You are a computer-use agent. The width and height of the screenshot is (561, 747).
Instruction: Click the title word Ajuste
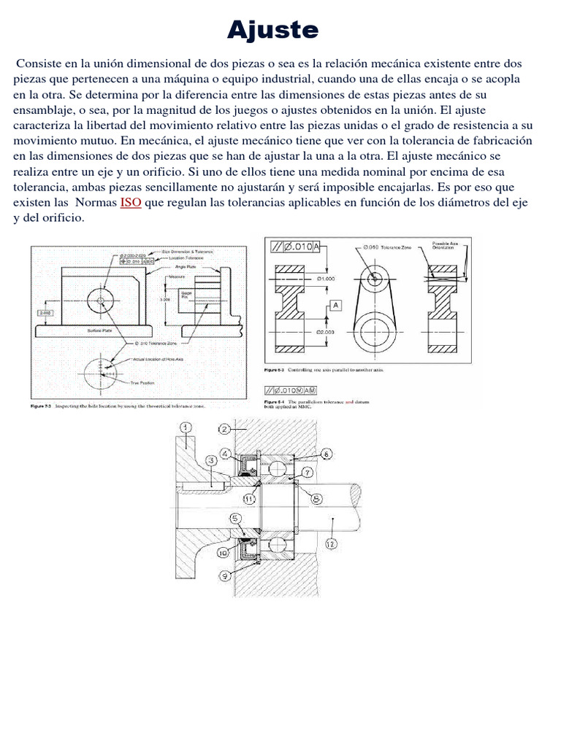[x=272, y=30]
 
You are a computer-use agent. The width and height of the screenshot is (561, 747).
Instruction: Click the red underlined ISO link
[x=131, y=202]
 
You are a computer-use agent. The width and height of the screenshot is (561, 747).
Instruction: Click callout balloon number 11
[x=249, y=499]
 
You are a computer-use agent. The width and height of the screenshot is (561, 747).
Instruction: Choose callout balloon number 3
[x=210, y=460]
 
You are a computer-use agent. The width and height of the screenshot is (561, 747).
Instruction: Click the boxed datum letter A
[x=336, y=305]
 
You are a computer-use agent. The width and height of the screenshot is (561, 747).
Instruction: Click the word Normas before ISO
[x=92, y=202]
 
